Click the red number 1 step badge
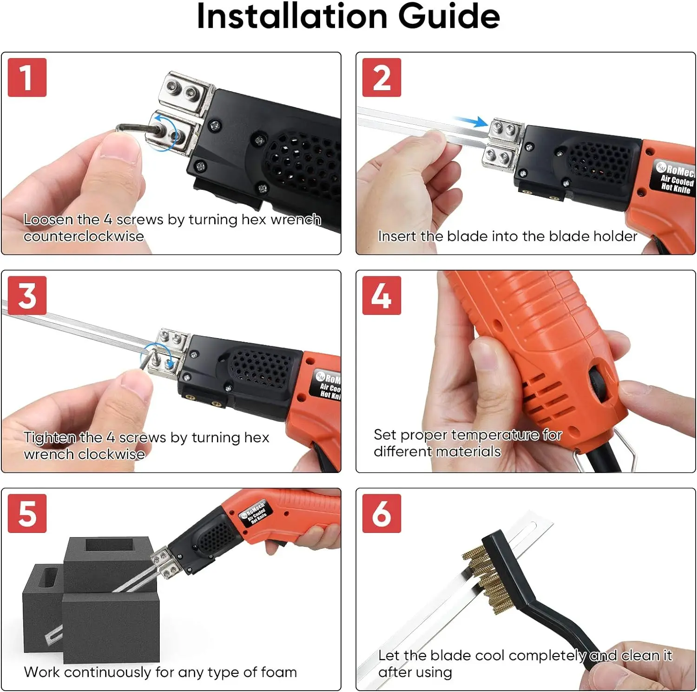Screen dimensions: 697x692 tap(27, 77)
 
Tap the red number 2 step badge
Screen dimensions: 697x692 tap(381, 77)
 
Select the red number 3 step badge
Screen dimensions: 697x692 tap(27, 295)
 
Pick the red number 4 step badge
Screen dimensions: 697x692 tap(381, 295)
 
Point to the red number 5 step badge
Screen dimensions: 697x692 tap(27, 513)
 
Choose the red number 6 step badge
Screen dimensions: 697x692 tap(381, 513)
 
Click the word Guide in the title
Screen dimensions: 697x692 tap(449, 16)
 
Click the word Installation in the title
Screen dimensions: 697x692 tap(292, 16)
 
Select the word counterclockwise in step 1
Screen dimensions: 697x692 tap(84, 236)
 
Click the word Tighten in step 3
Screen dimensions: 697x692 tap(50, 438)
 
